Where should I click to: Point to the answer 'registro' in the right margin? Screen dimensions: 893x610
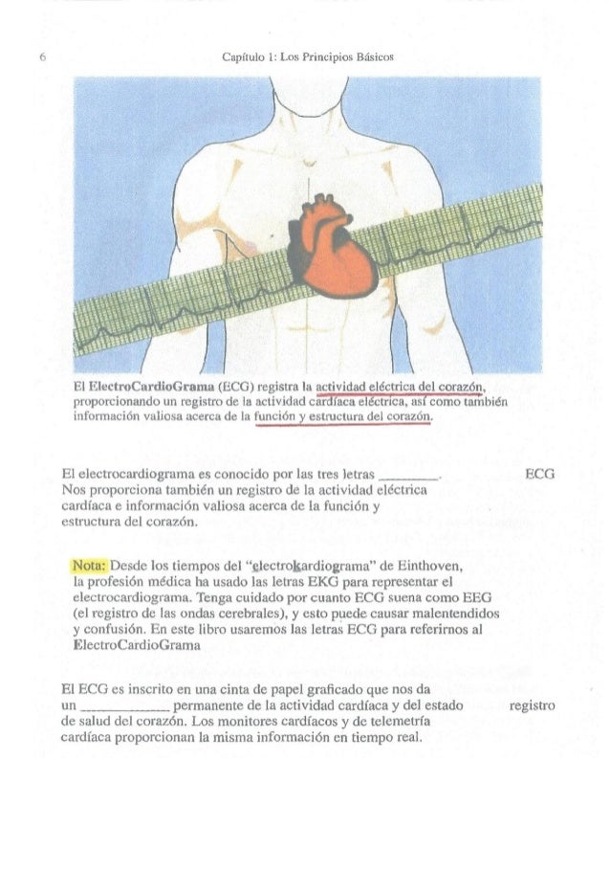pyautogui.click(x=533, y=706)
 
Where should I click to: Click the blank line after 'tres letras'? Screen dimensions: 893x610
pyautogui.click(x=409, y=475)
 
